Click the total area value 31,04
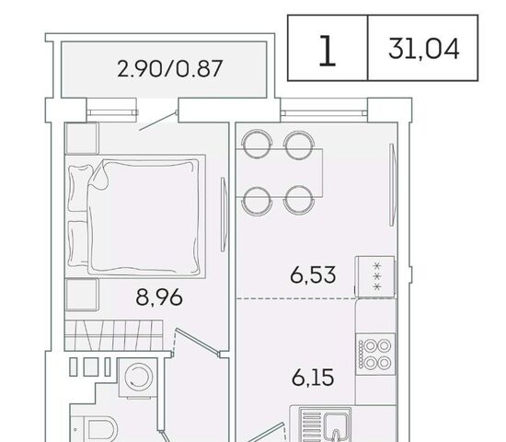click(x=423, y=49)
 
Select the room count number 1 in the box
click(x=328, y=51)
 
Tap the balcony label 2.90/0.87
click(x=170, y=68)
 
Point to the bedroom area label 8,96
click(x=159, y=297)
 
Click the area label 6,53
click(x=313, y=275)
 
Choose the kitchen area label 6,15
click(x=313, y=378)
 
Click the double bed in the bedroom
click(x=135, y=216)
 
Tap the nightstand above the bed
click(x=82, y=138)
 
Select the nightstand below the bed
click(x=82, y=295)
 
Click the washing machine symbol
click(x=138, y=378)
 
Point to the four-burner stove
click(x=375, y=355)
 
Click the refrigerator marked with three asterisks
click(x=375, y=276)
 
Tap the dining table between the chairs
click(x=280, y=172)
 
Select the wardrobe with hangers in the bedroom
click(x=113, y=335)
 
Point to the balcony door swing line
click(x=158, y=121)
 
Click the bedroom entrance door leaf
click(x=198, y=343)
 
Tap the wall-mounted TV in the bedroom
click(x=224, y=214)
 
